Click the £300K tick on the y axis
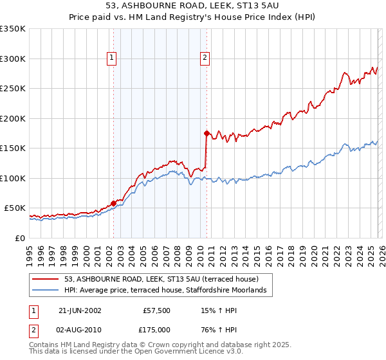click(13, 59)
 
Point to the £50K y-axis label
click(15, 208)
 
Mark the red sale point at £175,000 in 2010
click(207, 134)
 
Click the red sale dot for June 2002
click(114, 204)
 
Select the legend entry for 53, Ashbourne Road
click(161, 279)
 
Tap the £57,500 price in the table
click(156, 310)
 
